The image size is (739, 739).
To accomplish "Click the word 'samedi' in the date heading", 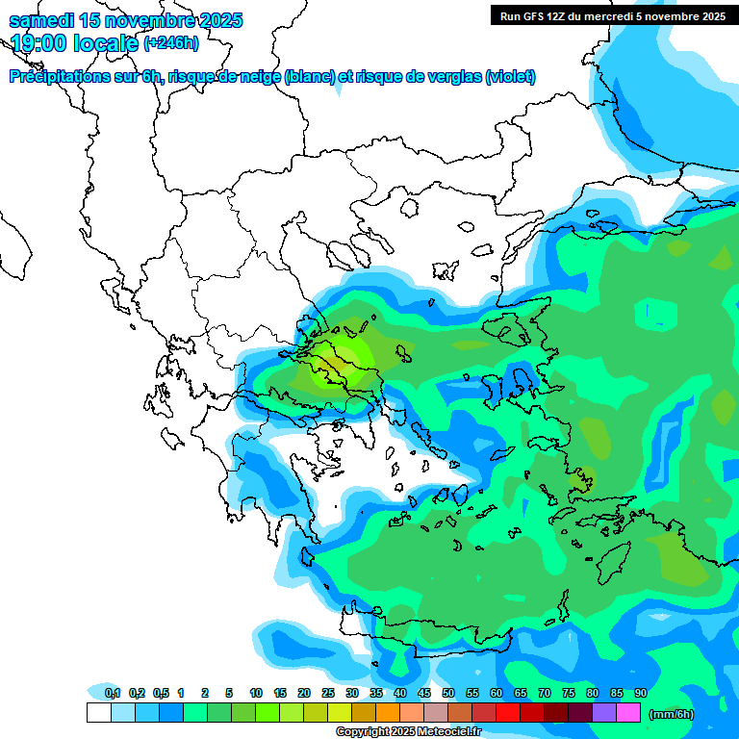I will click(42, 20).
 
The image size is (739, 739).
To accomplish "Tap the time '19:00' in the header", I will click(40, 42).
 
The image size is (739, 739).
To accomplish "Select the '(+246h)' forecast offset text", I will click(171, 42).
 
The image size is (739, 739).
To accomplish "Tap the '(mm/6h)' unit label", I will click(671, 714).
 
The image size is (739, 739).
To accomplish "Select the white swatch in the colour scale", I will click(98, 713).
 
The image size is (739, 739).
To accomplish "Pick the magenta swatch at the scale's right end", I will click(628, 713).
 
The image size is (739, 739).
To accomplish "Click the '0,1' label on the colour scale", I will click(113, 694).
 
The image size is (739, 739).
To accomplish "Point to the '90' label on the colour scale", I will click(640, 694).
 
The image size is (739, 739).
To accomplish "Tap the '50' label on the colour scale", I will click(448, 694).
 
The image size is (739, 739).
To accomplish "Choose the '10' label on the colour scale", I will click(256, 694).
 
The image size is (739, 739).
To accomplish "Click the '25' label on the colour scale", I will click(328, 694).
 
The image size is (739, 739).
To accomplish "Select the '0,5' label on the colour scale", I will click(161, 694).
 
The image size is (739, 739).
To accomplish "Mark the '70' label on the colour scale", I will click(545, 694).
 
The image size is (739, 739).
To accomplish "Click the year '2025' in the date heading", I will click(217, 20).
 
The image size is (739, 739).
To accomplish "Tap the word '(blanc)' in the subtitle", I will click(310, 77).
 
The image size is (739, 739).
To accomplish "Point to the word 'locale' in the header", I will click(106, 42).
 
